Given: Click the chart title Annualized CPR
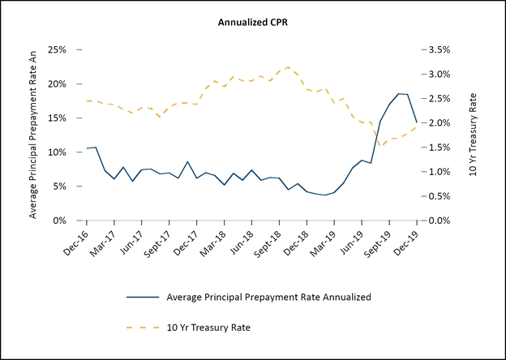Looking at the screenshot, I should pyautogui.click(x=253, y=22).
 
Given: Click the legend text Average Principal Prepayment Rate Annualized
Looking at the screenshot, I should pyautogui.click(x=268, y=297).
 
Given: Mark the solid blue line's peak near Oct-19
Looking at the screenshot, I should pyautogui.click(x=398, y=93).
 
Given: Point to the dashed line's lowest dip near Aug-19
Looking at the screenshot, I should pyautogui.click(x=379, y=146).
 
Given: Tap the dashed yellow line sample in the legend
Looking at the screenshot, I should pyautogui.click(x=143, y=327).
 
